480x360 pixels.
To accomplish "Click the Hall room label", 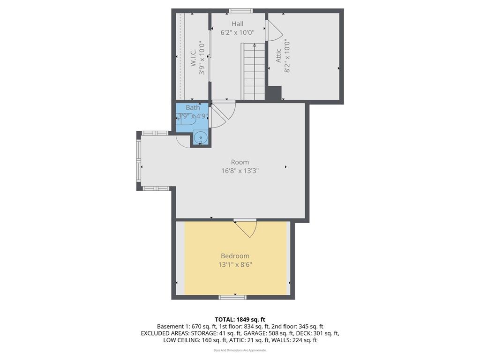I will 237,24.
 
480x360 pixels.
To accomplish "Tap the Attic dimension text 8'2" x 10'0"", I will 287,56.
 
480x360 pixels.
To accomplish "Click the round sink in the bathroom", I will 201,138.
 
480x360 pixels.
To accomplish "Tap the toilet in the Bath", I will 186,119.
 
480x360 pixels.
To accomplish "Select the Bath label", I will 193,108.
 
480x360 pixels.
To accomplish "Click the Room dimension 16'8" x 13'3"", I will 240,171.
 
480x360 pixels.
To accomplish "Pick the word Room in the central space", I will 240,162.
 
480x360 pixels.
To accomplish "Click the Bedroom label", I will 235,256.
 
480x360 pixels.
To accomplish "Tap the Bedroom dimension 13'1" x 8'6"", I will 235,265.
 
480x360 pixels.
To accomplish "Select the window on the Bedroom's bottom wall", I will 232,297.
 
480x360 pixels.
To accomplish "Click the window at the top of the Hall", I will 241,11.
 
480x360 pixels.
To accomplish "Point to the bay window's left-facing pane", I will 139,161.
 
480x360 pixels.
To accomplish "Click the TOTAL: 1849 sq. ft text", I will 240,319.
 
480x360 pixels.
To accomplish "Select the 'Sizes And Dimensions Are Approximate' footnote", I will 240,350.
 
